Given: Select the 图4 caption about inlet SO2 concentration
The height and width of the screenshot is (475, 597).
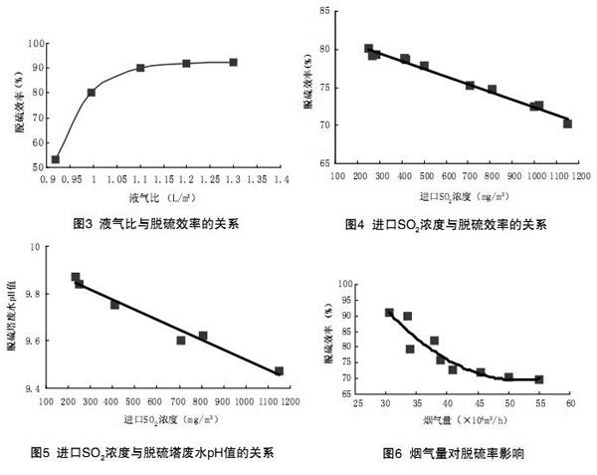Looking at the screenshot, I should [445, 223].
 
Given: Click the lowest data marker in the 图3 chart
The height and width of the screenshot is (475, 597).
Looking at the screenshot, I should [56, 159].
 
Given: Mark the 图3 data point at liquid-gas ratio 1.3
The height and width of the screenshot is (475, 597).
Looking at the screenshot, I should [233, 62].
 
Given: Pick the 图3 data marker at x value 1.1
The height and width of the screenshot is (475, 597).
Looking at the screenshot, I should [140, 68].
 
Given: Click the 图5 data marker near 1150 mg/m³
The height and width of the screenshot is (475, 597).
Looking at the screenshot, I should [279, 371].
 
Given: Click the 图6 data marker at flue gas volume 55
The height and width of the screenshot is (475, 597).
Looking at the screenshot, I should [539, 379].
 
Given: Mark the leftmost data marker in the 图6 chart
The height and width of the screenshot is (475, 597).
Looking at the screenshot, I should [389, 313].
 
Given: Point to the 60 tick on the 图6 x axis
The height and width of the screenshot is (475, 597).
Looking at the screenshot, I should [570, 404].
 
